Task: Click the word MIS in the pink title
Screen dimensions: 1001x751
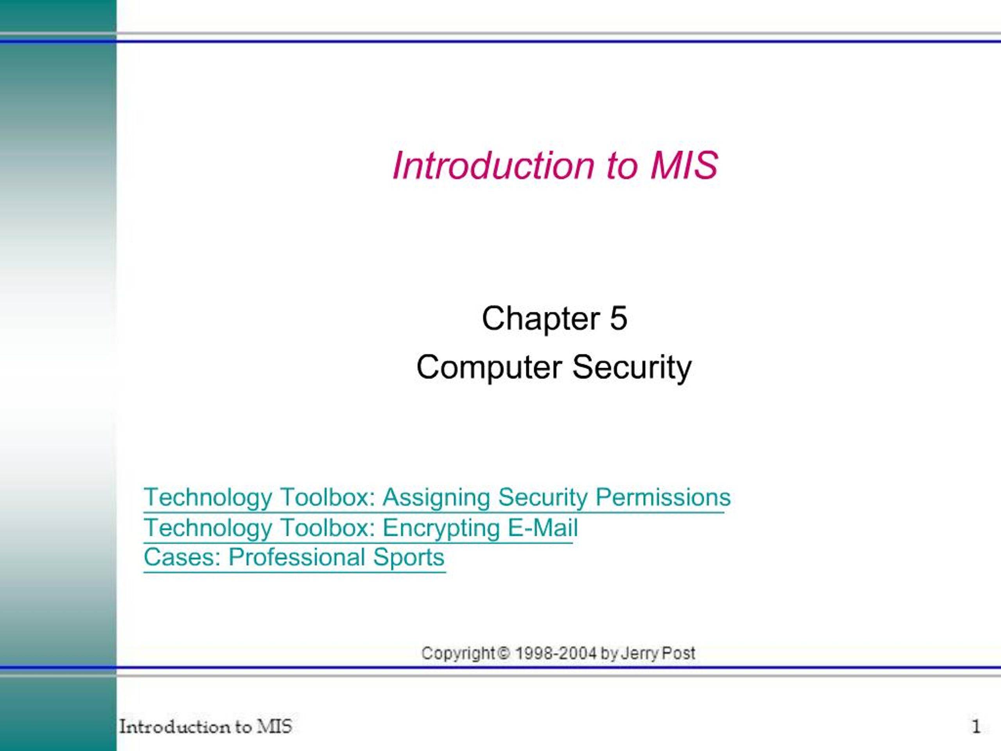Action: click(x=684, y=165)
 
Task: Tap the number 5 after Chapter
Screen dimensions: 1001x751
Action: click(x=619, y=318)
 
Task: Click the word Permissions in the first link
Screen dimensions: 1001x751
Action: click(x=663, y=497)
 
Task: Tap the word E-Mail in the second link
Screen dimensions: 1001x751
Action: click(x=543, y=527)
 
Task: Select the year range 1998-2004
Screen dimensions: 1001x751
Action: click(x=556, y=653)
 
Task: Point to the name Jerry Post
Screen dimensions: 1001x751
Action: click(x=658, y=654)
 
